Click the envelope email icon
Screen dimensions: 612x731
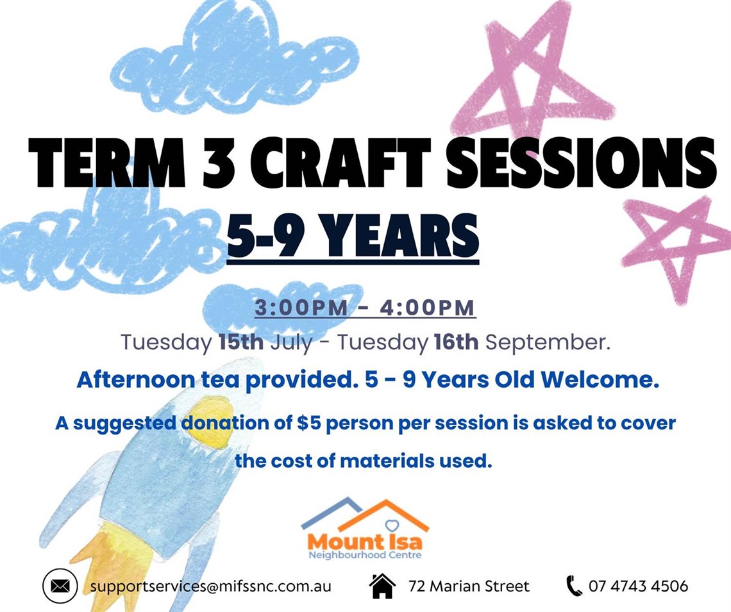click(60, 586)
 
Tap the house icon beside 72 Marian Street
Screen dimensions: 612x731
click(382, 586)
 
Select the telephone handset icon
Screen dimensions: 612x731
click(573, 586)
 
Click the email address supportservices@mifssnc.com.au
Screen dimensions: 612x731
click(211, 586)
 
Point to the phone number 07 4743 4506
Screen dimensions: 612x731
click(638, 586)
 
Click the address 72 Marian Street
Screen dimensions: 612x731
click(469, 586)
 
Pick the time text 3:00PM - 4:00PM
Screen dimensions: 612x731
click(365, 308)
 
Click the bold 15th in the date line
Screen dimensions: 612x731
click(240, 342)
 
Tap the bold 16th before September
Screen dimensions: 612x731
click(455, 342)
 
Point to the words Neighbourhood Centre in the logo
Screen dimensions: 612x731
click(365, 555)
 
